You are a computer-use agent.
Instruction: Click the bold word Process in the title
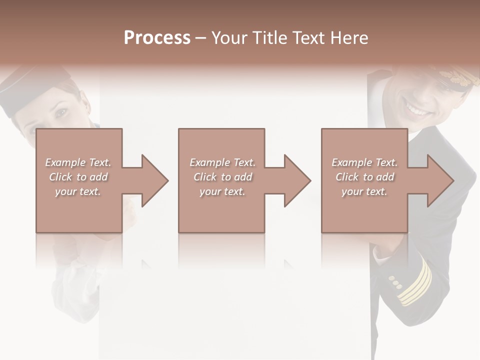(157, 38)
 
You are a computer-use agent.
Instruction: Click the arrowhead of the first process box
(155, 180)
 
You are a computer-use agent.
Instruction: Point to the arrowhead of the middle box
(297, 180)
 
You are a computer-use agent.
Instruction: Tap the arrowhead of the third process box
(440, 180)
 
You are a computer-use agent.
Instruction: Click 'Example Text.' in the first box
(78, 162)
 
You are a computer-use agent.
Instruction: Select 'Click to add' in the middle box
(222, 177)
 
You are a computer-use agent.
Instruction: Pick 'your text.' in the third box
(364, 191)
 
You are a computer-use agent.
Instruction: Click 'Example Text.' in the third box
(364, 162)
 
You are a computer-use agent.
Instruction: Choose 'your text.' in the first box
(78, 191)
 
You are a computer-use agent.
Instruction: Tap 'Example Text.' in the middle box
(222, 162)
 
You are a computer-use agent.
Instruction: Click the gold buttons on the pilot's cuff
(395, 282)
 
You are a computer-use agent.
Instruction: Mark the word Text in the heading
(309, 38)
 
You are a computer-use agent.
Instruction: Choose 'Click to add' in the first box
(78, 177)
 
